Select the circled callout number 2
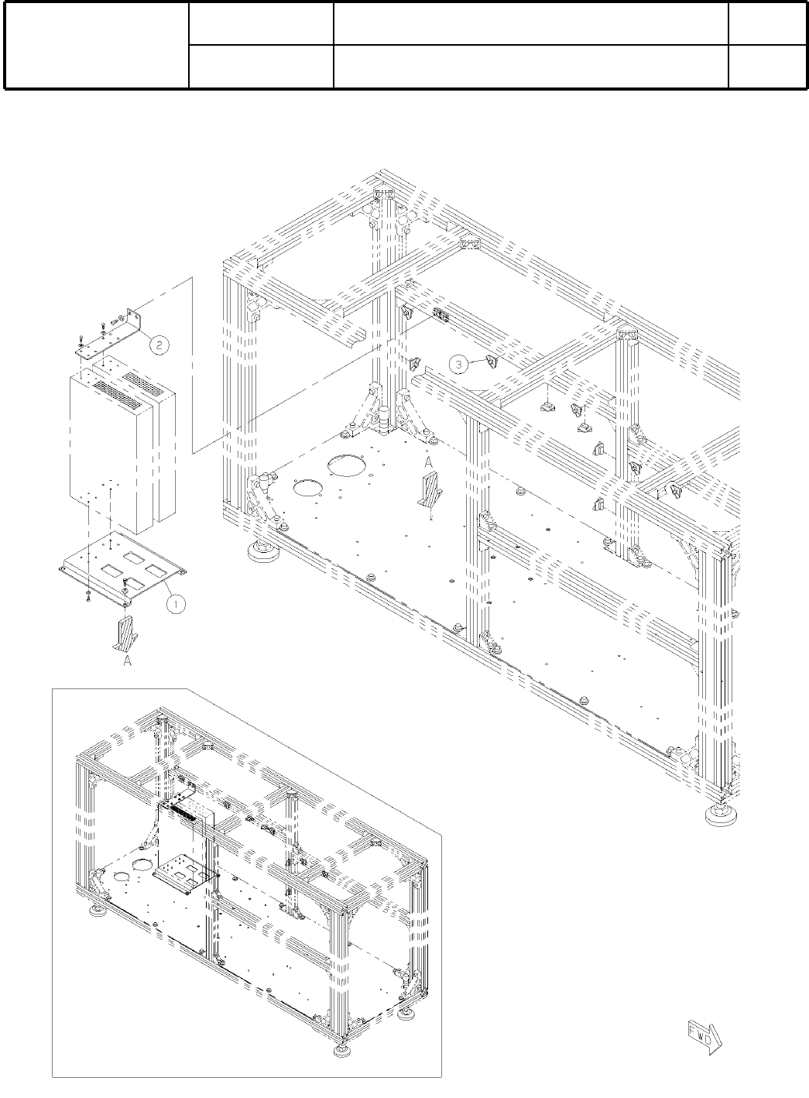pos(158,345)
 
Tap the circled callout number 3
pos(459,362)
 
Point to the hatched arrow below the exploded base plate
pos(125,634)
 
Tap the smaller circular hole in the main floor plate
pos(308,489)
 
